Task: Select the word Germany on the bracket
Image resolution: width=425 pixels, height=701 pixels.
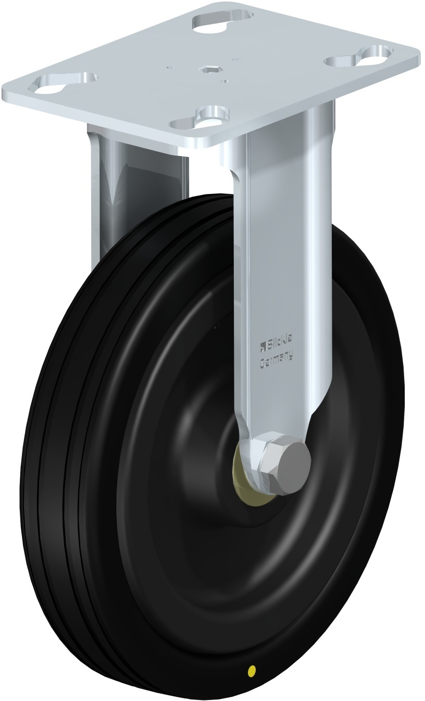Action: click(277, 356)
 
